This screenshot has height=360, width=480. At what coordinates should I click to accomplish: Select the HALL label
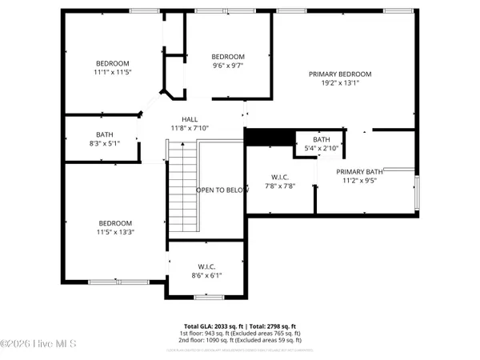189,118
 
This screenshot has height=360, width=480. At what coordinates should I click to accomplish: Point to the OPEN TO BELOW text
221,190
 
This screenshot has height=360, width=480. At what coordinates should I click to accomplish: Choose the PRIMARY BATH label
360,172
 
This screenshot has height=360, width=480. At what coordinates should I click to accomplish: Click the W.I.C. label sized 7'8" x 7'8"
280,177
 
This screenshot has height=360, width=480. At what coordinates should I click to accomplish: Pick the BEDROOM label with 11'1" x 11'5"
112,63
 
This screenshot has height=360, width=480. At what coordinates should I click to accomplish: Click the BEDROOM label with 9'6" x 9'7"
227,56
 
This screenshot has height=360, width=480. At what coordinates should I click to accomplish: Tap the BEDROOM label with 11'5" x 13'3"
115,223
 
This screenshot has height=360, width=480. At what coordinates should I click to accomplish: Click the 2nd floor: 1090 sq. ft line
239,342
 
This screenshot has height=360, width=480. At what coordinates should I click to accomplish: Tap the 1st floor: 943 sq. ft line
239,334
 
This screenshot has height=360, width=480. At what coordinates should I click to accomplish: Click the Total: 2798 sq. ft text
270,326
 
